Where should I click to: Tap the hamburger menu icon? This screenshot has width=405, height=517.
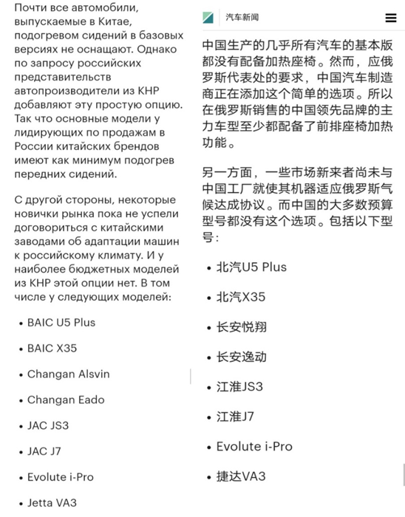coord(390,18)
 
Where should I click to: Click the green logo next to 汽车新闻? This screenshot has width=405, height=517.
coord(208,18)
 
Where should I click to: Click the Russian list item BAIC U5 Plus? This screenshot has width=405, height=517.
coord(61,322)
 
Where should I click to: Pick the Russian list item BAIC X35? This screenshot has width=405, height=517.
coord(52,348)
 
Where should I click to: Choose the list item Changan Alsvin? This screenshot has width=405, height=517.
coord(68,374)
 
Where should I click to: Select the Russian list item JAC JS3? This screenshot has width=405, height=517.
coord(48,425)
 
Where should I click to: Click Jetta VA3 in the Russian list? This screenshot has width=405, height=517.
coord(52,503)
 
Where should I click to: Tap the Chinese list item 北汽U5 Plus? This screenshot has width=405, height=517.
coord(251,267)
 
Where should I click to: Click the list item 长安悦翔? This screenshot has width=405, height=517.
coord(241,326)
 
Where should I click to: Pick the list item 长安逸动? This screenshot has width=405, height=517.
coord(241,357)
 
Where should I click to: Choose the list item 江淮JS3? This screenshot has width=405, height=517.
coord(239,386)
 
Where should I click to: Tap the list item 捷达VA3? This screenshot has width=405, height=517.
coord(240,476)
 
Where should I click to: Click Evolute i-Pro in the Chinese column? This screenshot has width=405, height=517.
coord(254,446)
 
